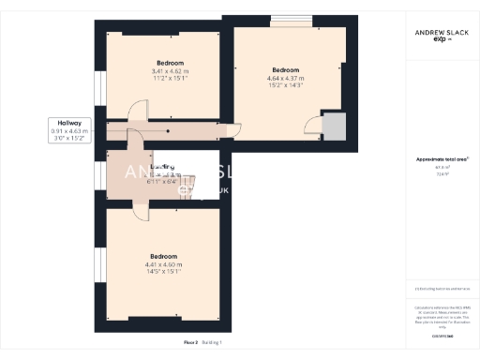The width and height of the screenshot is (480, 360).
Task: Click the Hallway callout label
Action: [x=69, y=123]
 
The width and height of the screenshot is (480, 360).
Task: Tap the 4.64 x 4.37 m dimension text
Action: [x=285, y=78]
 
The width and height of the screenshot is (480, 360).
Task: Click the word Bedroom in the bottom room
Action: [x=164, y=256]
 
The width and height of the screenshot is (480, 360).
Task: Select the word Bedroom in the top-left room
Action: [x=170, y=63]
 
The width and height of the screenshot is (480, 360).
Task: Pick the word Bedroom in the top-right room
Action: [x=285, y=70]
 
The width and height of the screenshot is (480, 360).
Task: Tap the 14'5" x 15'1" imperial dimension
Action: [x=164, y=273]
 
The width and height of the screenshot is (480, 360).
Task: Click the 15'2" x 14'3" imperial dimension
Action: [x=285, y=86]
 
